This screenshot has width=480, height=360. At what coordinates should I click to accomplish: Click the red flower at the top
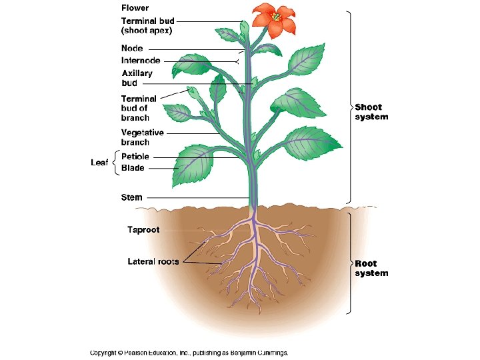[x=274, y=19]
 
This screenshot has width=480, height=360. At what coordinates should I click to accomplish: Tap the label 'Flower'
[x=135, y=8]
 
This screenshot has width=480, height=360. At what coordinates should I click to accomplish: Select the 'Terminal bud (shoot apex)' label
[x=147, y=25]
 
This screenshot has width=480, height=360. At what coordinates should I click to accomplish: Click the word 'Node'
[x=132, y=49]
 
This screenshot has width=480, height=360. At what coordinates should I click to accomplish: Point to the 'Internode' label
[x=141, y=61]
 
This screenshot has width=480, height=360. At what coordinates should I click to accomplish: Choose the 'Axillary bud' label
[x=137, y=78]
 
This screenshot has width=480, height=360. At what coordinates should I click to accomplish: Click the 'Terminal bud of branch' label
[x=139, y=108]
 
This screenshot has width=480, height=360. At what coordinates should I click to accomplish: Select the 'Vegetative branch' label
[x=143, y=137]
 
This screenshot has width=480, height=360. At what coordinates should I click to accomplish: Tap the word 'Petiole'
[x=135, y=157]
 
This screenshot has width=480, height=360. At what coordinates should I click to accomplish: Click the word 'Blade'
[x=133, y=169]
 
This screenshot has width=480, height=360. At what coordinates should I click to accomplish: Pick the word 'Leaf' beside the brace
[x=100, y=163]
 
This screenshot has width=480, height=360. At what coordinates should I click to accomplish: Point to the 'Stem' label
[x=131, y=197]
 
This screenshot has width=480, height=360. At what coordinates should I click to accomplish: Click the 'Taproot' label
[x=143, y=230]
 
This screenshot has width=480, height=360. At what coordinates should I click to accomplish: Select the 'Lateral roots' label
[x=153, y=261]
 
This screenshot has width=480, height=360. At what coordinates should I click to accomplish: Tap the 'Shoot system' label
[x=371, y=111]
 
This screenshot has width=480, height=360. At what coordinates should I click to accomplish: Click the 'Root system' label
[x=371, y=268]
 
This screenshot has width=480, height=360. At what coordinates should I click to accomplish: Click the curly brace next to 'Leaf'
[x=115, y=163]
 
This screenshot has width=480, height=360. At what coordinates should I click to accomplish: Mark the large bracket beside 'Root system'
[x=349, y=263]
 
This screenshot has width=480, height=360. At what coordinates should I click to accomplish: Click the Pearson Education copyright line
[x=189, y=353]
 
